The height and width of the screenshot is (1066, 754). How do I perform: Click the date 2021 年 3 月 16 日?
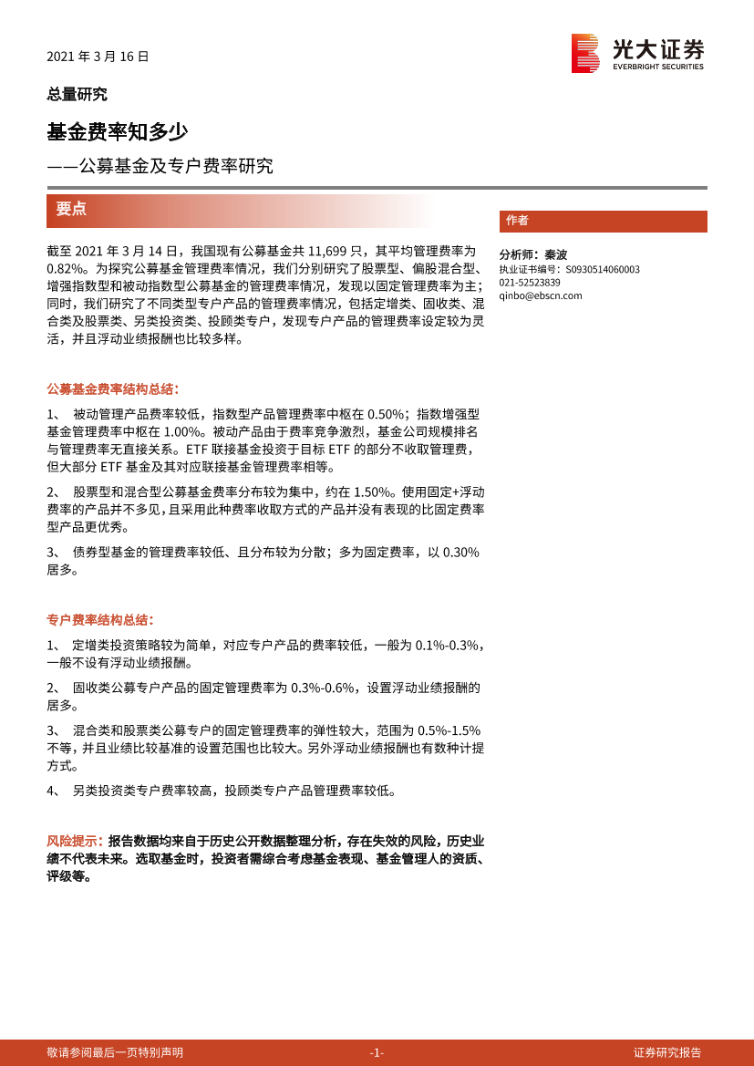[98, 57]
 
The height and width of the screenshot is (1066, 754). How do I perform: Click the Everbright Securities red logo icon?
[584, 53]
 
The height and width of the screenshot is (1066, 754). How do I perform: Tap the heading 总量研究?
[77, 94]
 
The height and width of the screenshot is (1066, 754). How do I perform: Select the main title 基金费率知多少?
[117, 131]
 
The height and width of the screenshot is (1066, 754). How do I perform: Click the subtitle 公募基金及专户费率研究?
[175, 166]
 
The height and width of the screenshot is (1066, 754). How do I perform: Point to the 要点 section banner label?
[71, 209]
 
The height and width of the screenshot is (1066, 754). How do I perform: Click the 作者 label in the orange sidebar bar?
[517, 221]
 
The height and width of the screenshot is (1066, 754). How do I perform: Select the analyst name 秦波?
[555, 255]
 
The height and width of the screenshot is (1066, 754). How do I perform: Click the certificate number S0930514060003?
[603, 270]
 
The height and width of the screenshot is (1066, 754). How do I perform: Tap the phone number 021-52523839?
[530, 283]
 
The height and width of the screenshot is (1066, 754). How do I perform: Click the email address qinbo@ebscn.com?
[540, 295]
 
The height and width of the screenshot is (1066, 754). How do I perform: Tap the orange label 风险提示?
[74, 841]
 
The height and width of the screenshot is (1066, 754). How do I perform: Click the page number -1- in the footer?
[377, 1052]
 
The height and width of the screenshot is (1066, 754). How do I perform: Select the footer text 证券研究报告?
[667, 1052]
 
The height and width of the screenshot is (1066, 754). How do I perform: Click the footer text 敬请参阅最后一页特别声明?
[115, 1052]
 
